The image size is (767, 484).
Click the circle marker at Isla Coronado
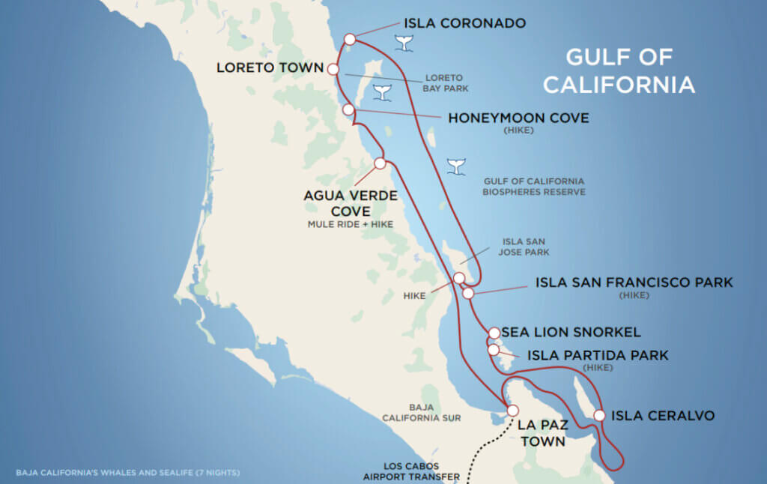click(350, 39)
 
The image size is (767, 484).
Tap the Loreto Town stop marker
click(333, 70)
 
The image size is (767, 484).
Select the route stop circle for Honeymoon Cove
click(348, 110)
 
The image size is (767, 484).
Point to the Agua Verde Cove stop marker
click(380, 163)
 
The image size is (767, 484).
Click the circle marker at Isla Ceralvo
click(599, 415)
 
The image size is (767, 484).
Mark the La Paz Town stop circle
click(513, 411)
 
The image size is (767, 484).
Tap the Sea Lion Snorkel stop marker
click(494, 333)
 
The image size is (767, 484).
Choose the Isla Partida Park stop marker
click(494, 349)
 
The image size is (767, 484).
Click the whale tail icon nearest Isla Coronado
click(405, 44)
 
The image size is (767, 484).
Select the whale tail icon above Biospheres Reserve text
click(455, 166)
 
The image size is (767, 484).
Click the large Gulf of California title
click(619, 71)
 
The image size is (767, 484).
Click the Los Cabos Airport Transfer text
click(411, 471)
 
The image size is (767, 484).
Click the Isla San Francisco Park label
click(634, 282)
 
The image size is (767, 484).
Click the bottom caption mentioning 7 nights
click(127, 473)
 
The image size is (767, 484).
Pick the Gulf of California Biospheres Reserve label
click(534, 187)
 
